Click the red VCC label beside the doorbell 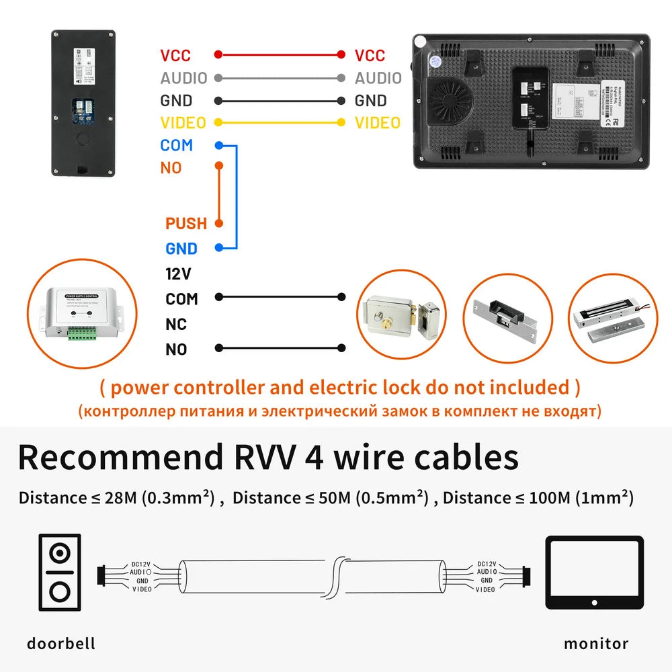coord(175,56)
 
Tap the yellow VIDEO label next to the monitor coord(377,123)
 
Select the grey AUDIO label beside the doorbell coord(183,78)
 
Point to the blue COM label coord(176,145)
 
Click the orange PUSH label coord(186,224)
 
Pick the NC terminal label coord(176,325)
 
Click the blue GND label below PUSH coord(181,249)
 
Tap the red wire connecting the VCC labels coord(279,55)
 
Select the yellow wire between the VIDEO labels coord(279,123)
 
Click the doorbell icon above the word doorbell coord(60,573)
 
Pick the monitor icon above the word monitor coord(594,573)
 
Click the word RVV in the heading coord(259,457)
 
